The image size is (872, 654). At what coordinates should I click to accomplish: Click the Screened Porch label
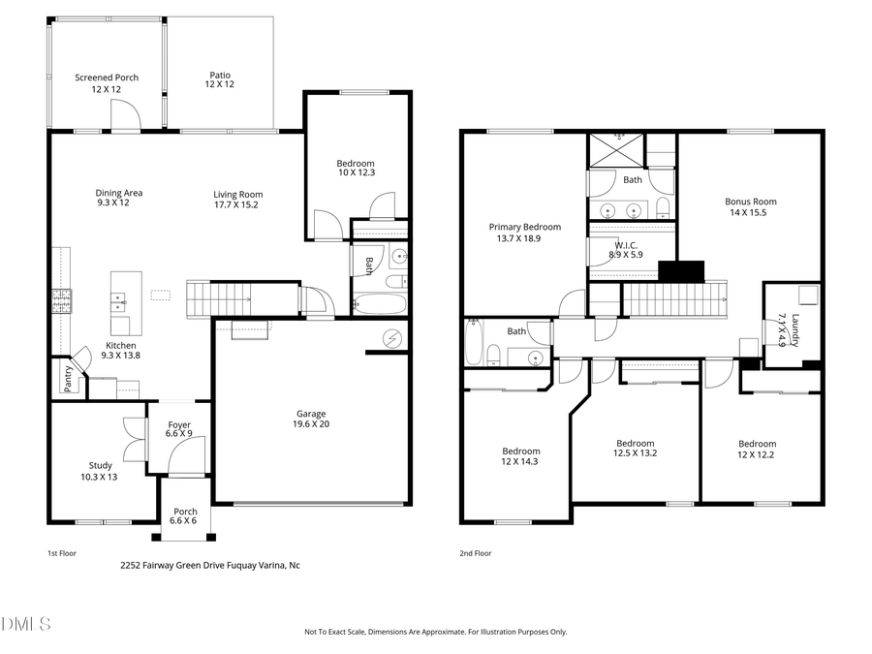107,78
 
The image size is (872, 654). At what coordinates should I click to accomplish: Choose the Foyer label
179,424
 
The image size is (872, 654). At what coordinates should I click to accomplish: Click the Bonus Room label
751,202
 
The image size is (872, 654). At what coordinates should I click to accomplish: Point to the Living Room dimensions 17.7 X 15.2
237,205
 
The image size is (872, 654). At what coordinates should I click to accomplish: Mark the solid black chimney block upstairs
681,272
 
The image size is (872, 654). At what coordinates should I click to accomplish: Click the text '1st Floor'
62,553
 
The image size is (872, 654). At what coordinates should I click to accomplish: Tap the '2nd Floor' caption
475,553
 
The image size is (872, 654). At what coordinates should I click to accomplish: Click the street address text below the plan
209,565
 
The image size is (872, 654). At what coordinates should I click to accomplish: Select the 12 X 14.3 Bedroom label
520,456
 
